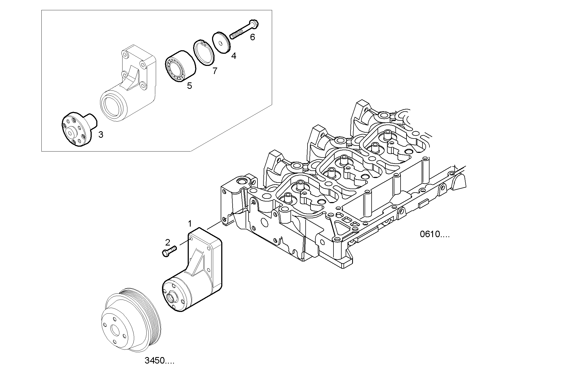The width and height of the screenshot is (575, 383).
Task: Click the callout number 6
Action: pyautogui.click(x=252, y=37)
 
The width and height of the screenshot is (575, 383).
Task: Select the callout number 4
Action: pyautogui.click(x=234, y=56)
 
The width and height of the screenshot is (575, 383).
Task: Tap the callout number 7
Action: pyautogui.click(x=215, y=71)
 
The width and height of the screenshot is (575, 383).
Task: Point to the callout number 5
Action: pyautogui.click(x=189, y=86)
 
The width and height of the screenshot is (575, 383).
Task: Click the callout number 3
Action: pyautogui.click(x=101, y=135)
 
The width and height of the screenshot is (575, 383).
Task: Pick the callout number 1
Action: pyautogui.click(x=190, y=224)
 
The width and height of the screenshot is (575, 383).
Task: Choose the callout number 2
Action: pyautogui.click(x=168, y=242)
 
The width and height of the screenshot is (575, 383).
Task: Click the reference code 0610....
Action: pyautogui.click(x=434, y=234)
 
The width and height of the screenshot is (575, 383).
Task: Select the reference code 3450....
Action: pyautogui.click(x=159, y=361)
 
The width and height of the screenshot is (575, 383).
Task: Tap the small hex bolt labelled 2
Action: pyautogui.click(x=169, y=251)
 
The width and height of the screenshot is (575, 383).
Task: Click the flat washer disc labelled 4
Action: pyautogui.click(x=221, y=42)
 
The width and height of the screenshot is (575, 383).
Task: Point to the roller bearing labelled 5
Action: pyautogui.click(x=180, y=66)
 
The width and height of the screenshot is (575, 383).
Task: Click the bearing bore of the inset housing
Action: pyautogui.click(x=112, y=106)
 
